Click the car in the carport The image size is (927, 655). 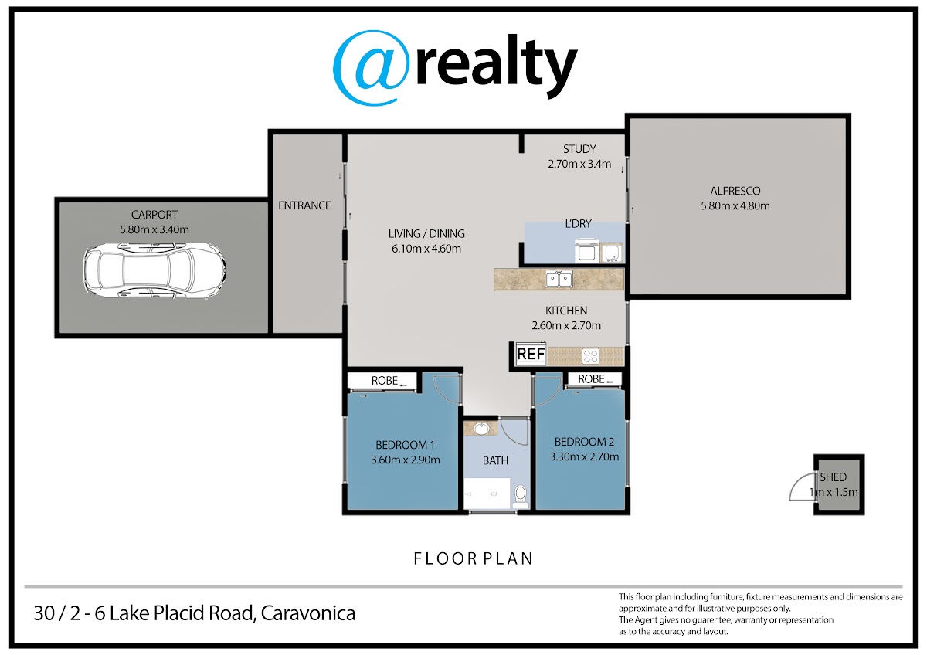154,270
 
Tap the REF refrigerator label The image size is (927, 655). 531,355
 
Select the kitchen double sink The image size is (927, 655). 559,279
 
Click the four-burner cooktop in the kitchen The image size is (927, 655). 590,356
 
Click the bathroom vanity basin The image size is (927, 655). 480,429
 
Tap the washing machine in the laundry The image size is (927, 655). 586,251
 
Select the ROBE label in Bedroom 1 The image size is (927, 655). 385,381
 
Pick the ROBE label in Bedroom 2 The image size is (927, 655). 592,379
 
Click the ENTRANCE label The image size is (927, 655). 304,205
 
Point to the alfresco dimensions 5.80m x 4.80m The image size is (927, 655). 735,206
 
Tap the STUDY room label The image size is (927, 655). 579,149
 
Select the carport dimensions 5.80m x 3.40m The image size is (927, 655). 154,229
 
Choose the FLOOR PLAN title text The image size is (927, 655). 474,559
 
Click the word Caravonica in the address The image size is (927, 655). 308,613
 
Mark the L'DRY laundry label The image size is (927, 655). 578,224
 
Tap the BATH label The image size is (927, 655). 495,460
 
